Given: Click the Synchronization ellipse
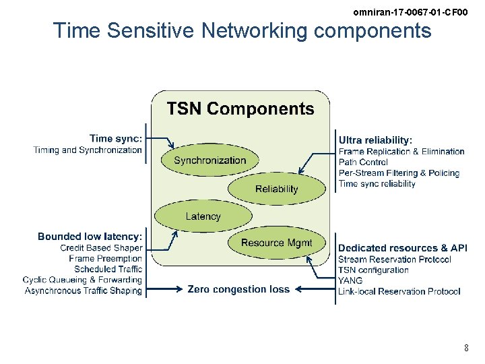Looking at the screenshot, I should click(209, 160).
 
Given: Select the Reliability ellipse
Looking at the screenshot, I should click(276, 189).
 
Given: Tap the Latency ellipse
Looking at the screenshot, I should click(203, 216).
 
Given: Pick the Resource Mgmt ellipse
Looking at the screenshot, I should click(276, 243).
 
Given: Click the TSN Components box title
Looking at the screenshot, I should click(240, 109).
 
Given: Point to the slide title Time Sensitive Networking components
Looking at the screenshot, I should click(242, 30).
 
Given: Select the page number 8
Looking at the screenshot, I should click(466, 348).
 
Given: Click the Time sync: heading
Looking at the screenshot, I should click(115, 139).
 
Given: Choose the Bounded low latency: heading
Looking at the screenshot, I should click(90, 237).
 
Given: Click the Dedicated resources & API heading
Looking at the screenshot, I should click(402, 248).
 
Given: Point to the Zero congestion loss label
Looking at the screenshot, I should click(238, 289).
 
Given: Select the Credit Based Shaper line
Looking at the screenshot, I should click(101, 248).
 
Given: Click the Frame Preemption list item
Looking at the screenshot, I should click(105, 259).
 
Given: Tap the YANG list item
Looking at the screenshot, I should click(350, 280).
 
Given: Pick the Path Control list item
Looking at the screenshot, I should click(363, 162).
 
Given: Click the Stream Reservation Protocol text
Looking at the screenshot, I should click(395, 260).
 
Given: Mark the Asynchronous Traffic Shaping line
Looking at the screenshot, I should click(84, 291).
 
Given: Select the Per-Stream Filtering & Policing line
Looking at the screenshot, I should click(399, 173).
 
